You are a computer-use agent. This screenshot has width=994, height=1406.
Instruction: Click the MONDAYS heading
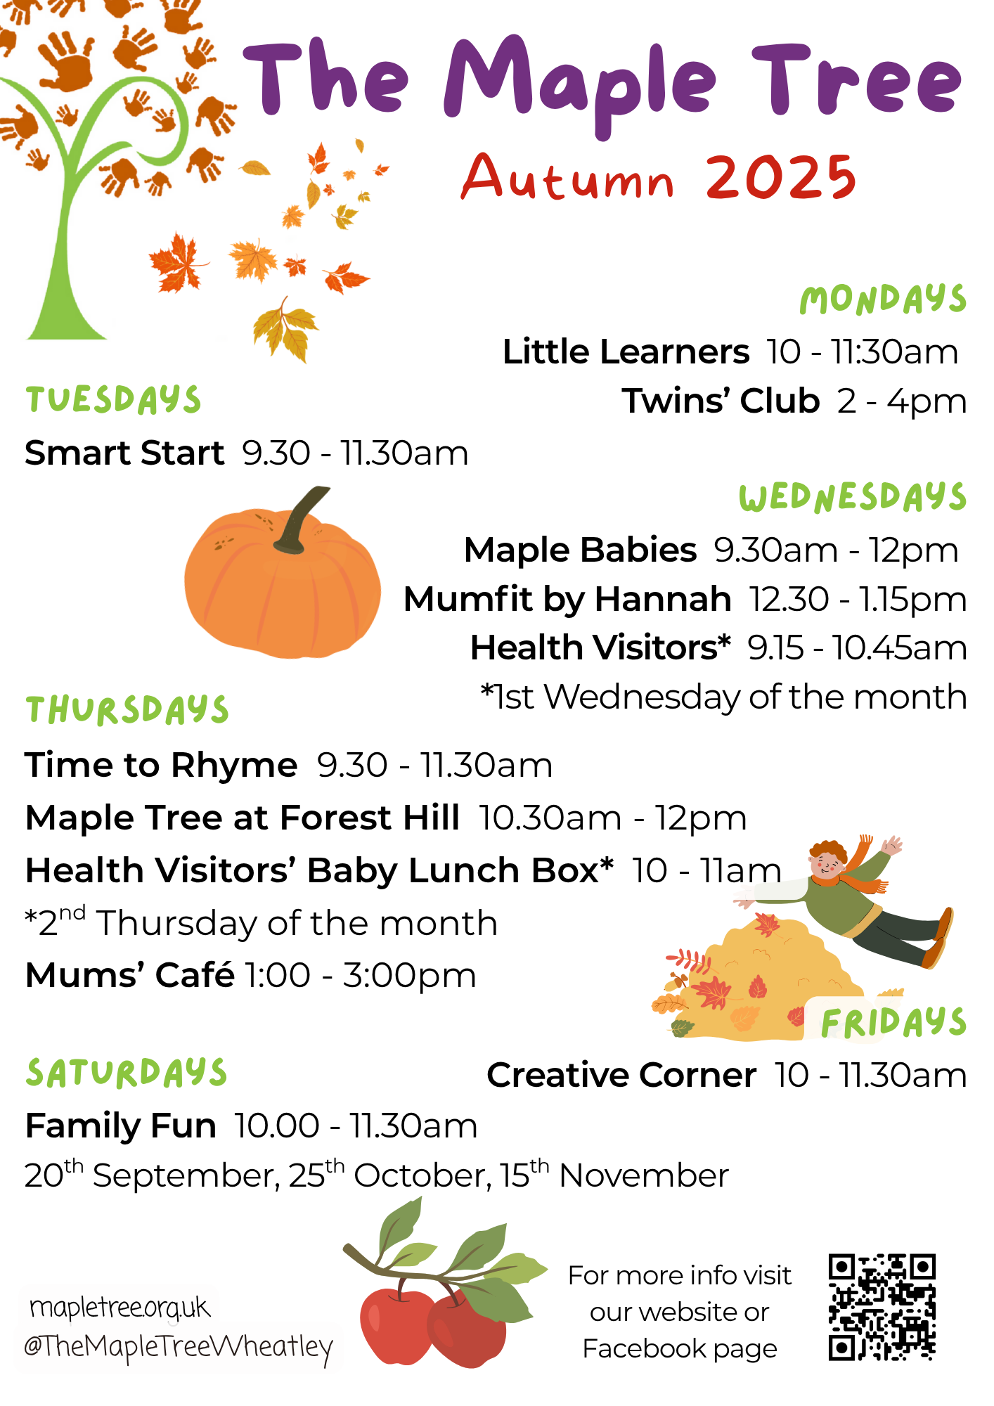point(883,299)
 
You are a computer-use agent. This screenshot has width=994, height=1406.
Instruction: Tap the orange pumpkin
point(282,583)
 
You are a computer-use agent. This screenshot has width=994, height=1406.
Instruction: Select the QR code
point(882,1307)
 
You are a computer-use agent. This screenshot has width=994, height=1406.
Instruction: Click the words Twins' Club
point(721,401)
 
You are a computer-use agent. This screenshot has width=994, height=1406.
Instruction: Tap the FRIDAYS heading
point(893,1022)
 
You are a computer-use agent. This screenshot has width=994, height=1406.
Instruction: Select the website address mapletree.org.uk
point(120,1308)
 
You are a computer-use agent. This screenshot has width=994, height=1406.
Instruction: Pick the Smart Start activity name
point(124,453)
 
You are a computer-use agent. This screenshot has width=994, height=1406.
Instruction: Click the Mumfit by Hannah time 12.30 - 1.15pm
point(858,600)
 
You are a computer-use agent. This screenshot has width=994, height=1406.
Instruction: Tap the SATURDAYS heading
point(127,1073)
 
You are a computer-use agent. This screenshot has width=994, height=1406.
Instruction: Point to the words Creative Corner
point(621,1075)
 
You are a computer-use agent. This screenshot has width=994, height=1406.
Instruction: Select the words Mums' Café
point(130,975)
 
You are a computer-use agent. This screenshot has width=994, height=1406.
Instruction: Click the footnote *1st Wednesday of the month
point(723,697)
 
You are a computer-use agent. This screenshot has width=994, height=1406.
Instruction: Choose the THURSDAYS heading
point(127,710)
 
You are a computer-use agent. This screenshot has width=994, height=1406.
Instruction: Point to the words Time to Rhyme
point(161,765)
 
